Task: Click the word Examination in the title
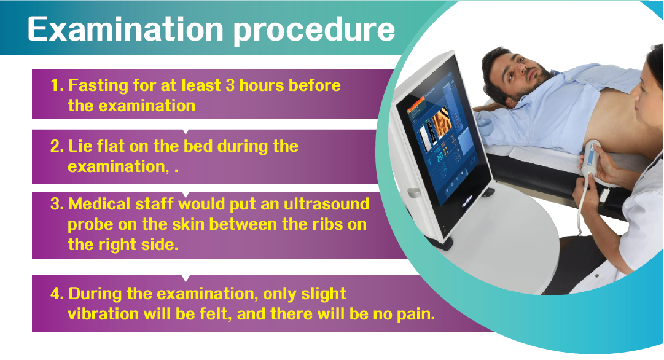(125, 29)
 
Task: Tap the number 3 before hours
(230, 85)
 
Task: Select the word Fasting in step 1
(98, 86)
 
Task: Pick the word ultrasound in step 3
(326, 204)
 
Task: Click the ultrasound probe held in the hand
(591, 160)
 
